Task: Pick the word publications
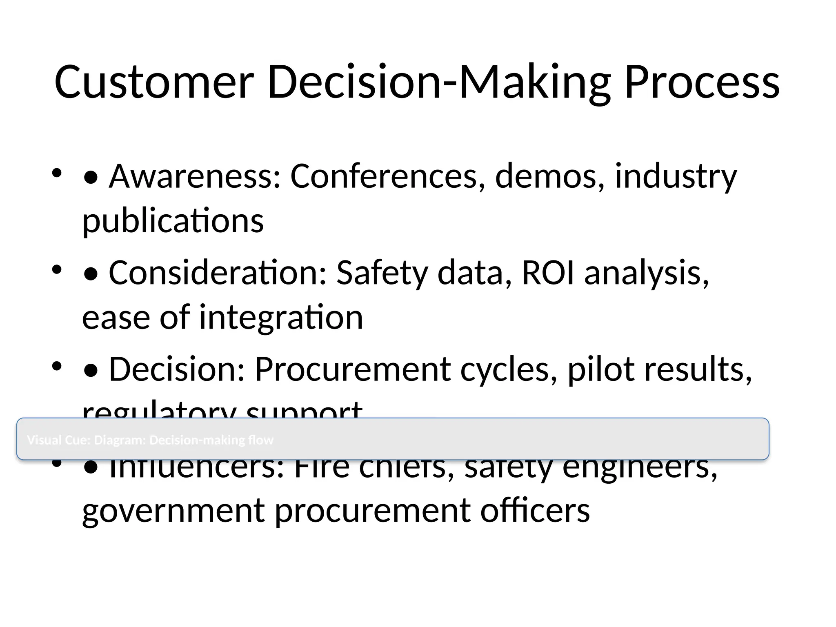173,221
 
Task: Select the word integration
281,317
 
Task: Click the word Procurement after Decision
353,369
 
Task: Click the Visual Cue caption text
150,440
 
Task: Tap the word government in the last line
174,511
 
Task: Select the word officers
535,511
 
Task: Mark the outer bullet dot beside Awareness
57,173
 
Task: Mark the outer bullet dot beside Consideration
57,269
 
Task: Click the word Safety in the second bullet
382,273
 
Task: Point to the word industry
676,176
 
